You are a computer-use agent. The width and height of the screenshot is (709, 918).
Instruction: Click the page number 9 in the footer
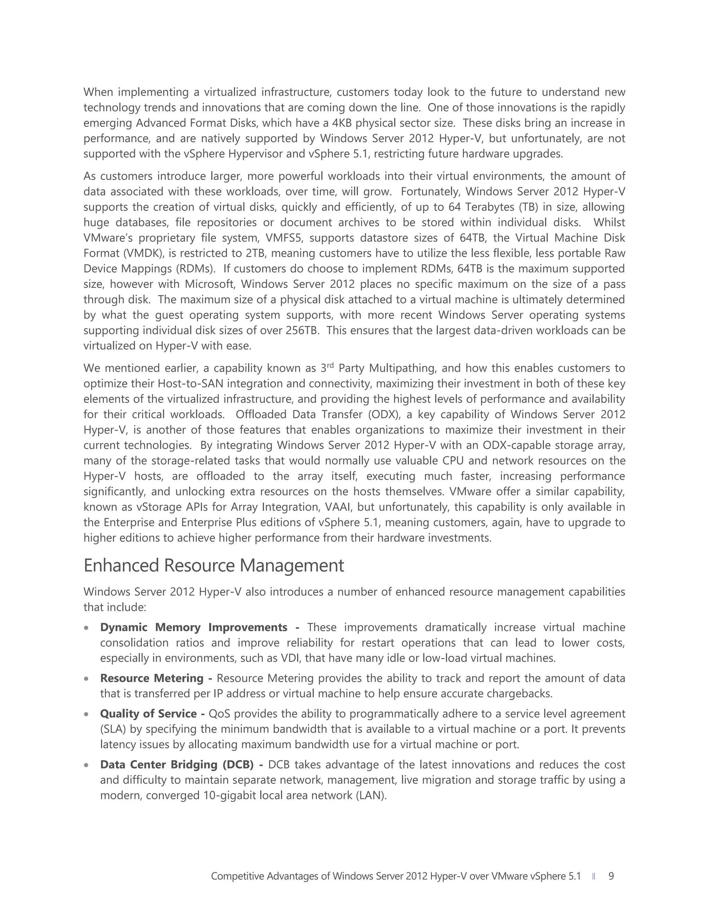(x=611, y=876)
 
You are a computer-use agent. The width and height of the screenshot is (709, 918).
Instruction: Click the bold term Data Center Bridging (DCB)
(x=177, y=764)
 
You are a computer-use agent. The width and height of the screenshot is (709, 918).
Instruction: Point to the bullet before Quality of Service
(x=86, y=714)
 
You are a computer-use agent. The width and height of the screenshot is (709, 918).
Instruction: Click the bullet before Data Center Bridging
(x=86, y=765)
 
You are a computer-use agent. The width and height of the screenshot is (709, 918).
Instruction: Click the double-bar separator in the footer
(x=593, y=876)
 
